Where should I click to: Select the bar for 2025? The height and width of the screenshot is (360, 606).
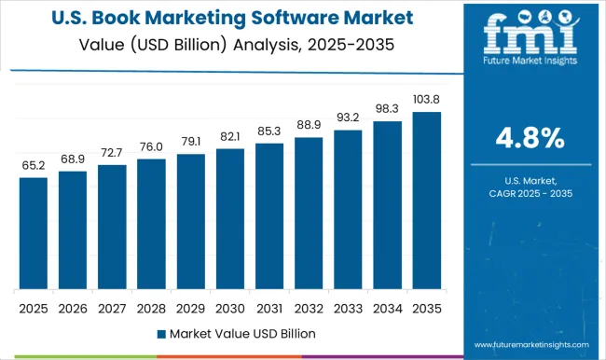coord(33,233)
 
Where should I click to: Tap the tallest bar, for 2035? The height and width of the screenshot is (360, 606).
coord(426,200)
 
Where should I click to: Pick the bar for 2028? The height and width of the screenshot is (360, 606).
coord(151,224)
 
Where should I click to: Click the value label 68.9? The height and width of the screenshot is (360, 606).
coord(72,159)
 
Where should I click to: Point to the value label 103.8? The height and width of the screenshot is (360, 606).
coord(426,99)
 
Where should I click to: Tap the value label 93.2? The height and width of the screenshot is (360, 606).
coord(347,118)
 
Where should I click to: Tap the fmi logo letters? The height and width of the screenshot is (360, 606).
coord(528,39)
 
